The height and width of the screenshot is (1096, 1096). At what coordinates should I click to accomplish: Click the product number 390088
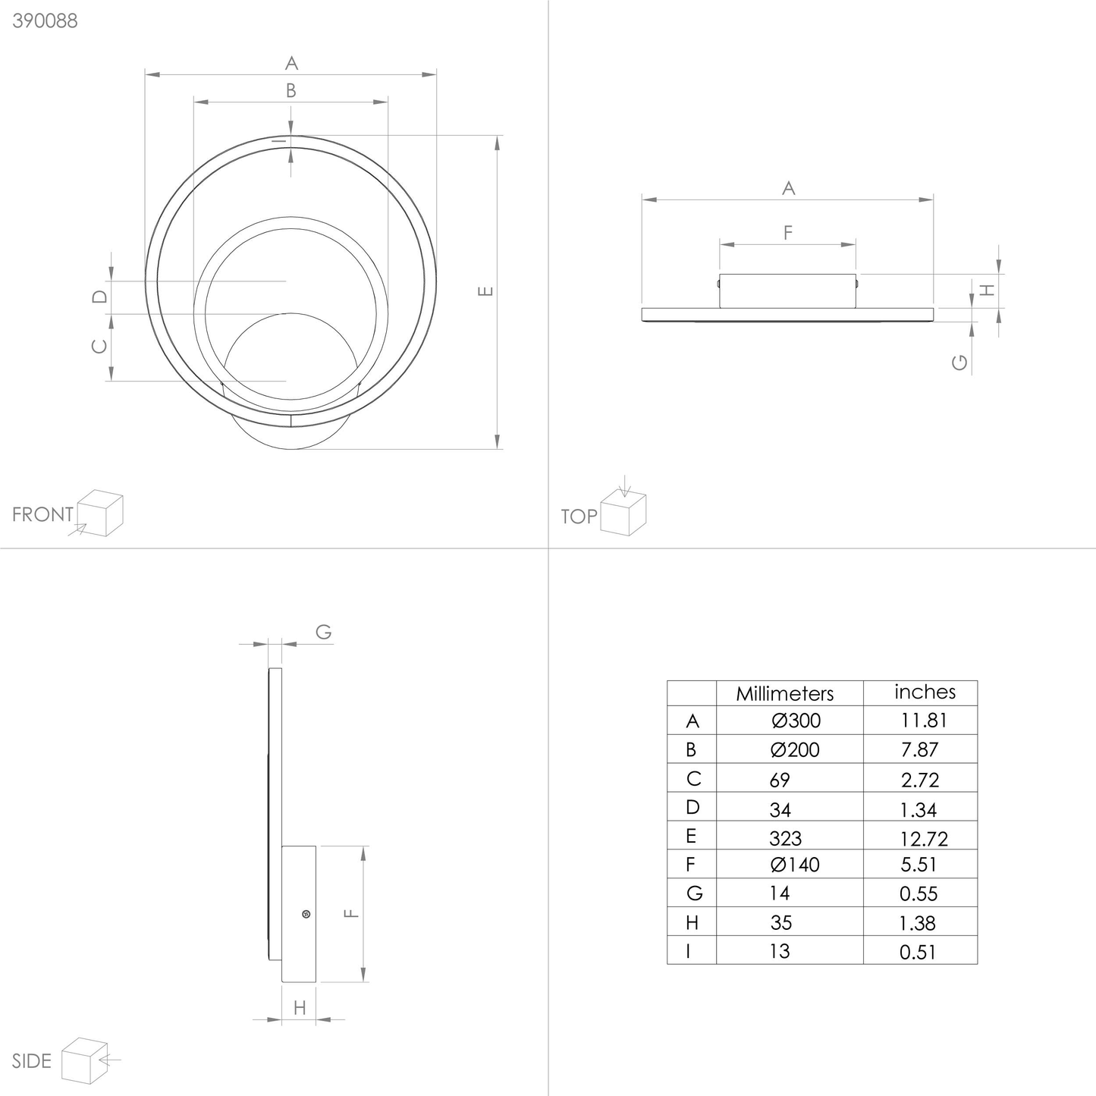tap(45, 20)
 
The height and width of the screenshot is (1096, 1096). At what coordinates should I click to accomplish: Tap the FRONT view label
tap(42, 514)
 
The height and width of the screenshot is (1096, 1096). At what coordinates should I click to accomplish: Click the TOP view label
tap(579, 517)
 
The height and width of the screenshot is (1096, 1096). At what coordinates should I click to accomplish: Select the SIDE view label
tap(32, 1060)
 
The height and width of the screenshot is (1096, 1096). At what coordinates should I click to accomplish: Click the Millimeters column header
tap(784, 693)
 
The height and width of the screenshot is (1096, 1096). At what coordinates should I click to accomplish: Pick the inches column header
tap(925, 692)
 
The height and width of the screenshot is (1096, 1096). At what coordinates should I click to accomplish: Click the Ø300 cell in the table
tap(795, 721)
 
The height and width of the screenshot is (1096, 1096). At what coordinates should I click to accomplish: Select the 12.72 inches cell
tap(924, 838)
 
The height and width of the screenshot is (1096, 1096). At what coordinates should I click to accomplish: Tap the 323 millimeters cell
tap(784, 838)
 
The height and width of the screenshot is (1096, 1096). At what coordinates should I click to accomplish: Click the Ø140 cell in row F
tap(795, 865)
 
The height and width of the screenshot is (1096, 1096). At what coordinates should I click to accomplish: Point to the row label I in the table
tap(689, 951)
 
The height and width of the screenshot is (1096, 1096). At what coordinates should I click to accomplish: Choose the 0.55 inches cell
tap(919, 894)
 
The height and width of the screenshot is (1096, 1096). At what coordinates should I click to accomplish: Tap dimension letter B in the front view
tap(290, 91)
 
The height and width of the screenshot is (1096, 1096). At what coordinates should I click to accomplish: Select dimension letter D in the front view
tap(99, 297)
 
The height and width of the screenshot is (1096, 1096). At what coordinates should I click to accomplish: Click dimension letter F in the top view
tap(787, 233)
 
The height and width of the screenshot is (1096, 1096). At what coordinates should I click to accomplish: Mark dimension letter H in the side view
tap(300, 1008)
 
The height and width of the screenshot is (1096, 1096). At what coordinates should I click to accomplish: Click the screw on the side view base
tap(306, 914)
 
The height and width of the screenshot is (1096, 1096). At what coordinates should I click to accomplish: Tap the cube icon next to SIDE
tap(86, 1060)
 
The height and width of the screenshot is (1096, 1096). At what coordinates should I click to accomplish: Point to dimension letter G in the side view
tap(323, 632)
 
